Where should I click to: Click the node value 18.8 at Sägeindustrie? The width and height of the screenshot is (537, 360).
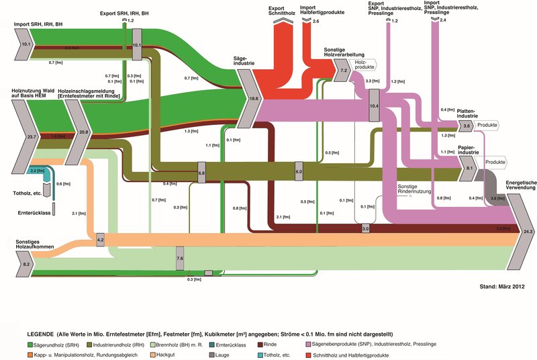click(x=254, y=98)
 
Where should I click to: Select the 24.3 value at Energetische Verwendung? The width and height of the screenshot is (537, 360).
click(x=527, y=232)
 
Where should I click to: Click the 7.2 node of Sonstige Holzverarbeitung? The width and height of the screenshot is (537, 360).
click(x=344, y=69)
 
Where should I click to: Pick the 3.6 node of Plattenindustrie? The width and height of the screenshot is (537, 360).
click(x=467, y=126)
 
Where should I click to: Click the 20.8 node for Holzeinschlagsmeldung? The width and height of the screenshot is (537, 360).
click(x=83, y=132)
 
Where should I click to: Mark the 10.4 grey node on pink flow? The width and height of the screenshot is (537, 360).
click(x=375, y=107)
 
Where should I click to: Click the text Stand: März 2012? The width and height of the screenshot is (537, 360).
click(x=501, y=287)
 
